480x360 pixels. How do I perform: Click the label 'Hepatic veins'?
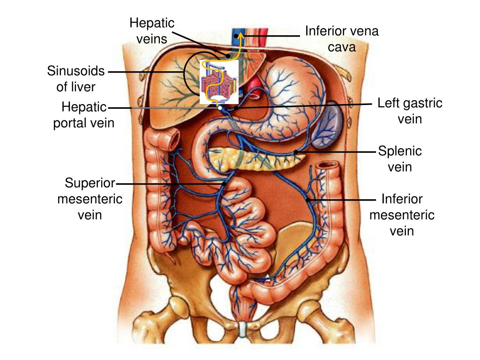[x=152, y=30]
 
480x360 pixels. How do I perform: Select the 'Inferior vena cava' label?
[x=342, y=39]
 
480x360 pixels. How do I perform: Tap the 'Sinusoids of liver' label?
[x=76, y=79]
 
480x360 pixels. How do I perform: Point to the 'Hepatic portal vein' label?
[x=84, y=115]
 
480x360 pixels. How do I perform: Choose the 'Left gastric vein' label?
[x=410, y=111]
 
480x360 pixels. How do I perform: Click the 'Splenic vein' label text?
[x=400, y=159]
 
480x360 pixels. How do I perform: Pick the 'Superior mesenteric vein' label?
[x=90, y=199]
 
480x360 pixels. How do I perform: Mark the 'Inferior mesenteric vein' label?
[x=402, y=215]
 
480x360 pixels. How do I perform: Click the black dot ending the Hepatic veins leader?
[x=228, y=56]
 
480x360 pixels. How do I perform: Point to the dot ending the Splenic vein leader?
[x=296, y=151]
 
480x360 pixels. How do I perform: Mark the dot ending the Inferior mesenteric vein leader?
[x=308, y=200]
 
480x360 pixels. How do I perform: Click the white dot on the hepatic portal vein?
[x=220, y=108]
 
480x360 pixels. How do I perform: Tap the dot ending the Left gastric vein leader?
[x=236, y=108]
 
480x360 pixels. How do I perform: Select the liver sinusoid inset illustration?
[x=219, y=82]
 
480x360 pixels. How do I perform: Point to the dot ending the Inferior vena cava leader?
[x=236, y=36]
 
